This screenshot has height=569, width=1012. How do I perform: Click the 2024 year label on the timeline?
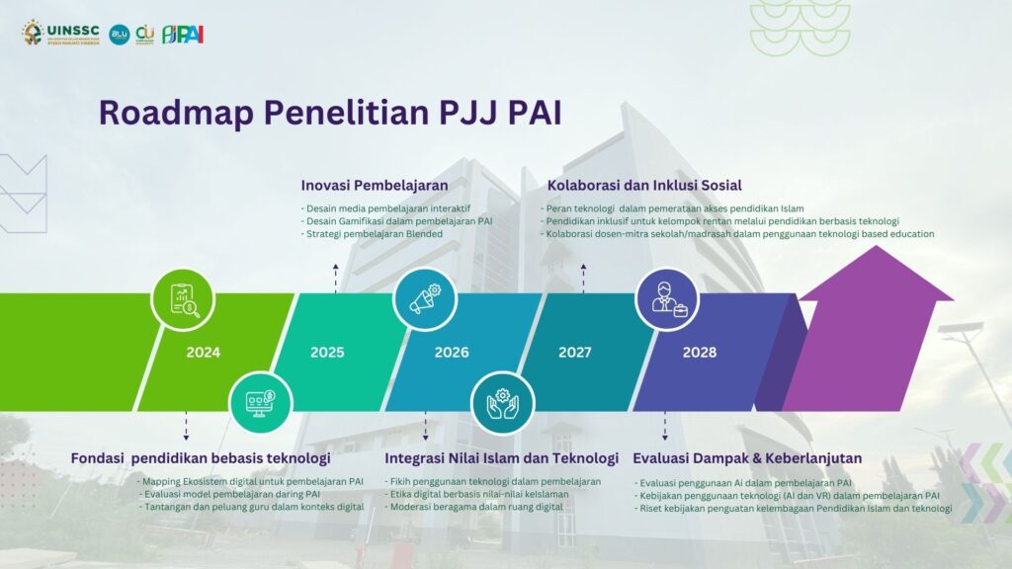[204, 353]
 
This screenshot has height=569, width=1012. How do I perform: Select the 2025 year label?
[327, 353]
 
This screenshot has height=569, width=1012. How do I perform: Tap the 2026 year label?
[451, 353]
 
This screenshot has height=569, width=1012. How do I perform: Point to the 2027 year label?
[574, 353]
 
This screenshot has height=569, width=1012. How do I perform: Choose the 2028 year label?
[700, 353]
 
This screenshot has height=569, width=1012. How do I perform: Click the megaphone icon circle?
[425, 299]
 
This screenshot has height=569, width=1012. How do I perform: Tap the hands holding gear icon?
[503, 403]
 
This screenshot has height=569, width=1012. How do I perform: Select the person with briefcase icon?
[667, 299]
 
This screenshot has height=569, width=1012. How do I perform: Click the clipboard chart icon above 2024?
[183, 300]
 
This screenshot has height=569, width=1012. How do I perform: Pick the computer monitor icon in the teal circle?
[260, 403]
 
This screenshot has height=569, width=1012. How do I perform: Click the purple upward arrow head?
[876, 274]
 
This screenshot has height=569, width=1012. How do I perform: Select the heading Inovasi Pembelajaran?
[375, 185]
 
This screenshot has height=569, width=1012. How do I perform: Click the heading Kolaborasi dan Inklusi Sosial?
[644, 185]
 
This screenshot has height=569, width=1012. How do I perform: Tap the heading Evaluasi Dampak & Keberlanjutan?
[747, 458]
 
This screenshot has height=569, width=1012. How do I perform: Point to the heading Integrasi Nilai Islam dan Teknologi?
[501, 458]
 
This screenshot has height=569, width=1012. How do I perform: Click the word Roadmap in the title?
[176, 113]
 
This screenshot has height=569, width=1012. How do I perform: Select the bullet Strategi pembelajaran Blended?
[372, 233]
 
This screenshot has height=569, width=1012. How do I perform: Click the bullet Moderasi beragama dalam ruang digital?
[473, 507]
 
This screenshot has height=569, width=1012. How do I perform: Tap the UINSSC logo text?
[73, 30]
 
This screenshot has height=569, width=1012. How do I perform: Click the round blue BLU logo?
[120, 35]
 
